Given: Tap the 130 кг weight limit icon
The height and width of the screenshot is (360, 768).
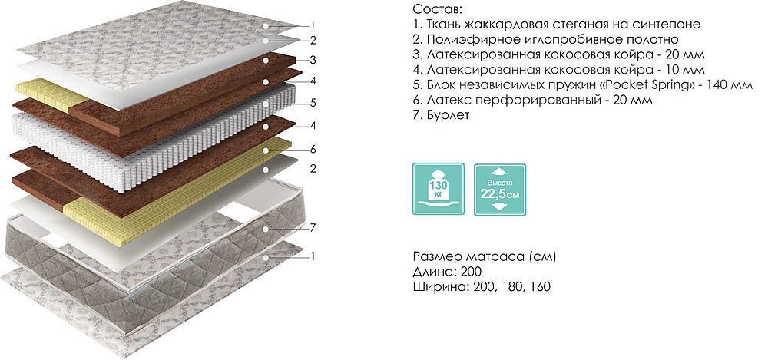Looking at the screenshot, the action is point(439,189).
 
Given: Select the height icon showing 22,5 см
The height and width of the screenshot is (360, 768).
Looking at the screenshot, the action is point(500,190).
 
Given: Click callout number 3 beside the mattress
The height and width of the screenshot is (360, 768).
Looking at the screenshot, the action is point(313,60).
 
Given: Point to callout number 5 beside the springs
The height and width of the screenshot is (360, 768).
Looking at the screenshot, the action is point(313,103).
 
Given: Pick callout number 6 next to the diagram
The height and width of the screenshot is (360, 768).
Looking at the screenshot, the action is point(313,148).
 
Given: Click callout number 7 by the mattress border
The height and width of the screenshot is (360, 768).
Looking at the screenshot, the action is point(313,227).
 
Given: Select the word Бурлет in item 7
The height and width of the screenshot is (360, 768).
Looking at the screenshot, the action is point(449,116).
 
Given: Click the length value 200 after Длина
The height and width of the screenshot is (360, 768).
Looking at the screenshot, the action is point(472,272).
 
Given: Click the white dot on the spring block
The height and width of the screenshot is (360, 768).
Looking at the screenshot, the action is point(265,104).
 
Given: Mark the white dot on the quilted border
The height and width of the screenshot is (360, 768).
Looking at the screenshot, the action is point(265,229).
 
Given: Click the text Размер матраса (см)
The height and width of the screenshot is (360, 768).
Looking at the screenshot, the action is point(485,256).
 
